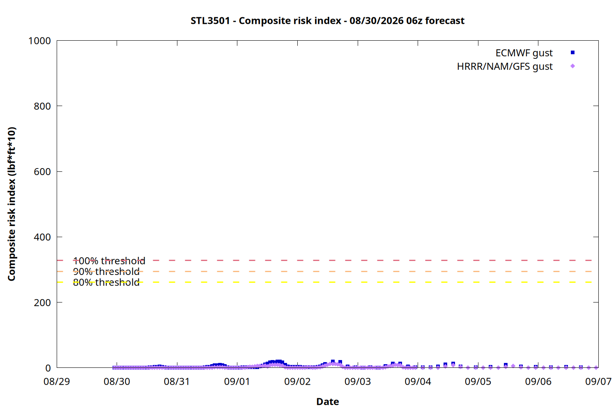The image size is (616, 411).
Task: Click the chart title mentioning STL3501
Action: (x=328, y=21)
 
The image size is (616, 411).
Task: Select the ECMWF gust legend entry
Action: (x=524, y=53)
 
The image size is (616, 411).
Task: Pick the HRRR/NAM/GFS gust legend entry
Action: (x=505, y=66)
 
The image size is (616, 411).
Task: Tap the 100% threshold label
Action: (x=109, y=261)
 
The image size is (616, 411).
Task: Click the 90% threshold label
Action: (x=106, y=271)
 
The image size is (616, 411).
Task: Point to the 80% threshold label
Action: (x=106, y=282)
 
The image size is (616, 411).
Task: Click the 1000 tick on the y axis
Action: (x=39, y=41)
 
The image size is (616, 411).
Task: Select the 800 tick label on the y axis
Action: (x=42, y=106)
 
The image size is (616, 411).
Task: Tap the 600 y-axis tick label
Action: (x=42, y=171)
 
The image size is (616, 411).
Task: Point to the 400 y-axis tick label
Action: (x=42, y=237)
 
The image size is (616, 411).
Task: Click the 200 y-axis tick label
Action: (x=42, y=302)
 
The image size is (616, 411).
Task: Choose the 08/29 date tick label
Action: (x=57, y=381)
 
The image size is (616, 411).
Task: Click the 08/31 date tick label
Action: (x=177, y=381)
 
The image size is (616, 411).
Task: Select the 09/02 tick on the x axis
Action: (x=297, y=381)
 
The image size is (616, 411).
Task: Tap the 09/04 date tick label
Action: (x=418, y=381)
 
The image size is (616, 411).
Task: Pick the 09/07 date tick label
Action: (x=598, y=381)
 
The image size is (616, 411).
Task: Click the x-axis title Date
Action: (x=328, y=402)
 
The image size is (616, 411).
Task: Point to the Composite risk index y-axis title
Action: (x=11, y=204)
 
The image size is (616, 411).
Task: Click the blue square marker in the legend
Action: (x=572, y=53)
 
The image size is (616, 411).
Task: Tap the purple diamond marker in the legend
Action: (x=572, y=66)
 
